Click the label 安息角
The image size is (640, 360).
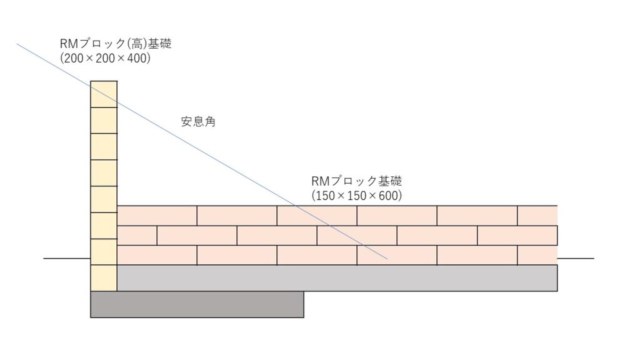(x=198, y=122)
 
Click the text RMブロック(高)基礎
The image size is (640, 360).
(x=116, y=44)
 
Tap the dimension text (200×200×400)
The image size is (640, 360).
(x=105, y=58)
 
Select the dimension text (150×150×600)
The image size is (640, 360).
(x=357, y=196)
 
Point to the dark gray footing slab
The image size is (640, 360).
(x=197, y=304)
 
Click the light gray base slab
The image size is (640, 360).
(x=337, y=278)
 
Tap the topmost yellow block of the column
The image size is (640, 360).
(x=104, y=94)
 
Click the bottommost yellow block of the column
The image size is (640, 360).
(x=104, y=278)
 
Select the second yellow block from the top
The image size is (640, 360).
(x=104, y=121)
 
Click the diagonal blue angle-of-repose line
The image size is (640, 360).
(x=202, y=151)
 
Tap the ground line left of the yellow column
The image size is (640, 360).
(x=67, y=258)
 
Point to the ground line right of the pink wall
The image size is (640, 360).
(x=576, y=258)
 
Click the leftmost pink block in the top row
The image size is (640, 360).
(x=157, y=216)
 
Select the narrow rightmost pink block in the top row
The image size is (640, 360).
(x=537, y=216)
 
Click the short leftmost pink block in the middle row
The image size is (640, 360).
(x=137, y=236)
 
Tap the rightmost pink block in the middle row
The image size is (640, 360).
(x=517, y=236)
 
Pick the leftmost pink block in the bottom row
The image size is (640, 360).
(x=157, y=255)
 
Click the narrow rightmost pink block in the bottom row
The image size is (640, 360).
(x=537, y=255)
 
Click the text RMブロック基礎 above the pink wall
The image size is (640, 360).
(x=357, y=181)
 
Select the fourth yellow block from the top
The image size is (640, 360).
(x=104, y=173)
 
